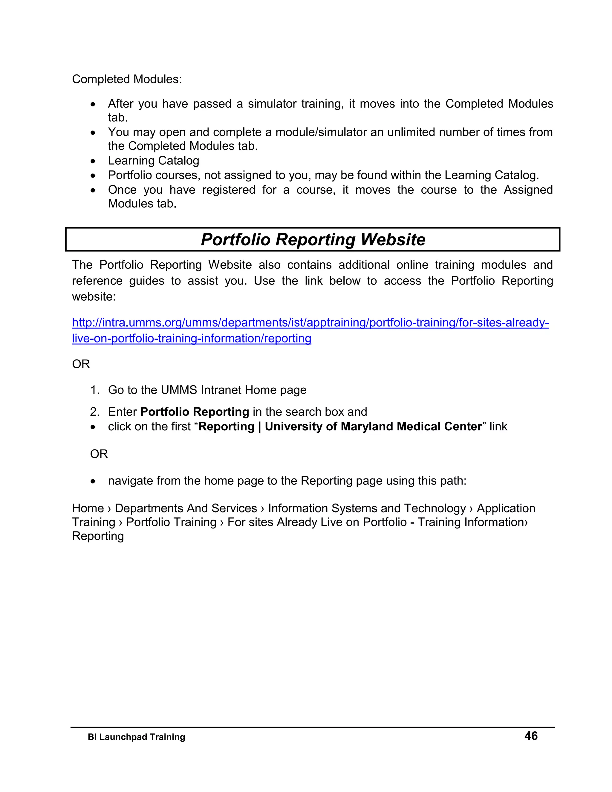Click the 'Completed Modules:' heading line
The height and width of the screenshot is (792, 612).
[x=127, y=79]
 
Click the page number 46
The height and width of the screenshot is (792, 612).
[x=531, y=736]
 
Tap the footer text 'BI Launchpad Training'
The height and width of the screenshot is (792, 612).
[x=136, y=737]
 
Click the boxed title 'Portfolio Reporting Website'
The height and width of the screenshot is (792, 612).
[x=313, y=240]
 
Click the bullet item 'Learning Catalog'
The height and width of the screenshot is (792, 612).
[x=153, y=161]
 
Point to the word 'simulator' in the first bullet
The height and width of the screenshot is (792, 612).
[x=272, y=104]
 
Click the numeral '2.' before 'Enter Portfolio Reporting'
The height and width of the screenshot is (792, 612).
[x=95, y=412]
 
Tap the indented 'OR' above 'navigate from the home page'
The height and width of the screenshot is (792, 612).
[x=99, y=454]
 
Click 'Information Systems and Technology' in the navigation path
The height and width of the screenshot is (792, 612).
[x=367, y=508]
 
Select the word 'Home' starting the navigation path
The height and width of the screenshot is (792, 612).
[x=88, y=508]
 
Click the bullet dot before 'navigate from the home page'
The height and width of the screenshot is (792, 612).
[x=94, y=481]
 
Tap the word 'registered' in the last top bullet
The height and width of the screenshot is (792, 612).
[x=228, y=190]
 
